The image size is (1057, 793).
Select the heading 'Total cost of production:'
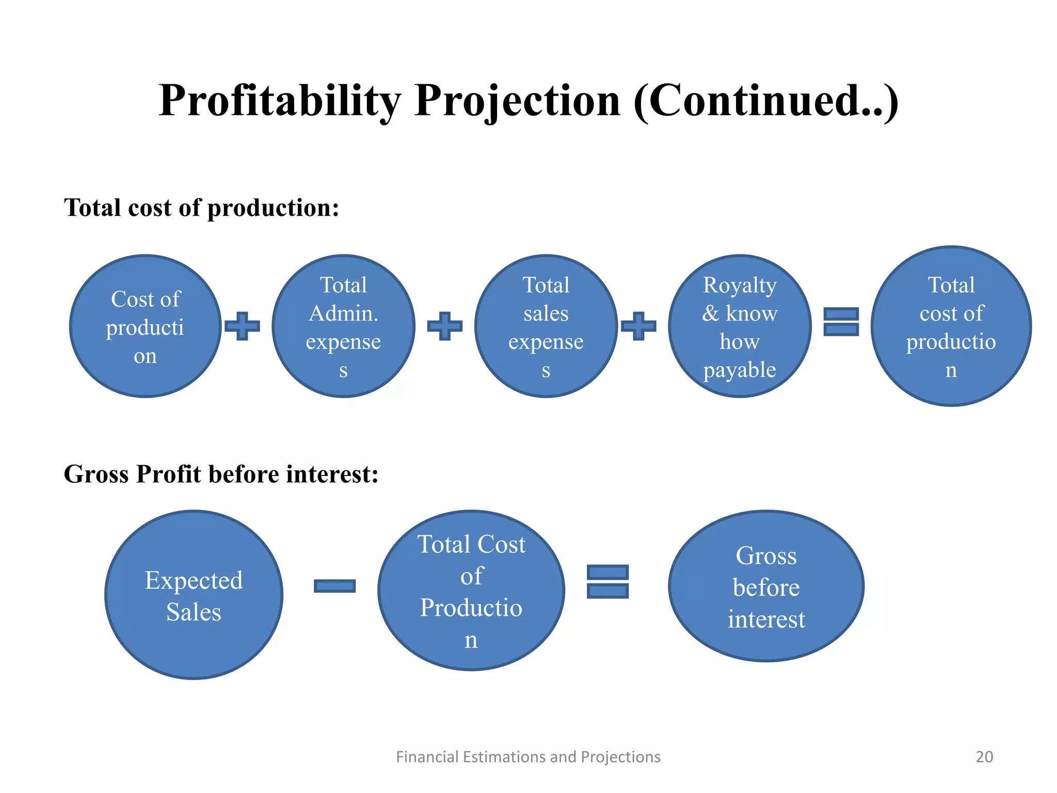click(201, 208)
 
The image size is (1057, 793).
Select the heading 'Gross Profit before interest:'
click(221, 474)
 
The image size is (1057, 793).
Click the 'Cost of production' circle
click(146, 326)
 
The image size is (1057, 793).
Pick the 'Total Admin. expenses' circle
click(343, 326)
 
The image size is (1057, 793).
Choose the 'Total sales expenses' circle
click(546, 326)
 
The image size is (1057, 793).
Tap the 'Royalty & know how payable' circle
click(740, 326)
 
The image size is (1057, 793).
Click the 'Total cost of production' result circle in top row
click(951, 326)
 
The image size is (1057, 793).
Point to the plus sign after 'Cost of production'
click(242, 326)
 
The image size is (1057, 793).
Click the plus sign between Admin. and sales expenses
click(444, 326)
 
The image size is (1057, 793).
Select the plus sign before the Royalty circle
click(638, 326)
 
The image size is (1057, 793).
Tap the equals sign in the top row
click(841, 322)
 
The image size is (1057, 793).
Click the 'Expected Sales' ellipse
click(194, 595)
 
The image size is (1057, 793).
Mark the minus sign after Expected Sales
click(334, 586)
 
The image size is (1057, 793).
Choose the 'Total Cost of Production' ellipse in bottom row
click(471, 591)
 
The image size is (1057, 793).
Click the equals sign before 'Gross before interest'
click(607, 581)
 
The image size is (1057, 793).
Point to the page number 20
click(984, 757)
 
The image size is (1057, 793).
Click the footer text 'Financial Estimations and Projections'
click(528, 757)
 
